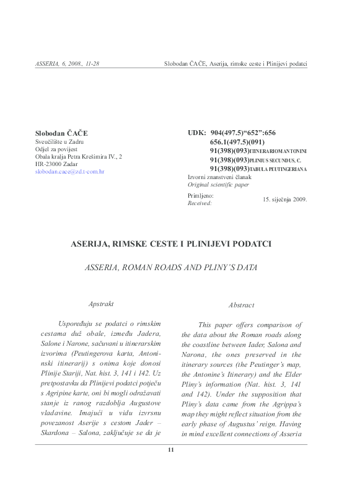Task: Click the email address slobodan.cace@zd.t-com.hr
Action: click(x=69, y=171)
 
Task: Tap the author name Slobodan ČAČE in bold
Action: click(x=61, y=133)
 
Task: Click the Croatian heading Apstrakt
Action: click(x=102, y=304)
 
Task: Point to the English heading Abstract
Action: click(x=241, y=305)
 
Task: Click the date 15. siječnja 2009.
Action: click(x=284, y=200)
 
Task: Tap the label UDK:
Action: click(x=197, y=133)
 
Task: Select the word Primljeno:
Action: click(x=200, y=195)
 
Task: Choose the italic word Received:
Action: click(x=200, y=203)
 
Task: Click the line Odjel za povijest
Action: click(x=56, y=149)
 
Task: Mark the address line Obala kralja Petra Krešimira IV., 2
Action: click(x=79, y=157)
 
